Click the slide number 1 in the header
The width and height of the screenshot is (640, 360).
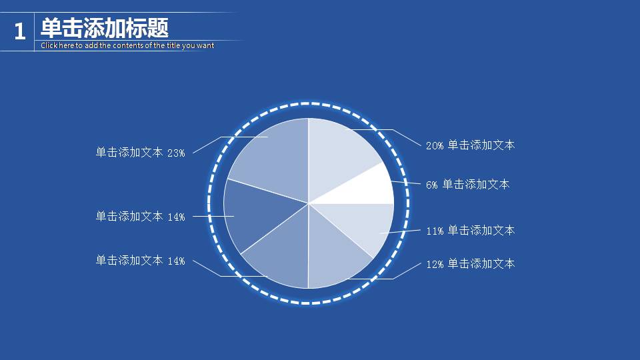pos(19,31)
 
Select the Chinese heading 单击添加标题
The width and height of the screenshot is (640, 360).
pos(105,28)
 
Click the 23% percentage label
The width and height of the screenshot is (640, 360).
pos(176,153)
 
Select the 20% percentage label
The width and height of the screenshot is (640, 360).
pos(435,145)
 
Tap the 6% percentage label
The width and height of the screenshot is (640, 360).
pos(432,185)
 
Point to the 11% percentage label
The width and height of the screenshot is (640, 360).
pos(435,231)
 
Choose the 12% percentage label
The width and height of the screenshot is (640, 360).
pos(435,264)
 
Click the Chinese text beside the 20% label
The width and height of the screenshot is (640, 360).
pos(481,145)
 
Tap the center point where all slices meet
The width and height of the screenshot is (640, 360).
pos(309,203)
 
